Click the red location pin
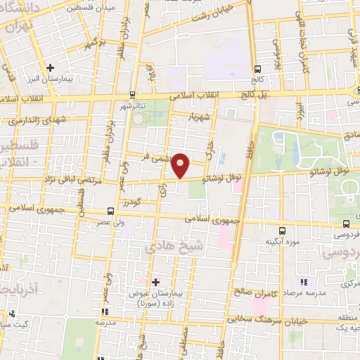pyautogui.click(x=181, y=165)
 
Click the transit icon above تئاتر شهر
pyautogui.click(x=132, y=94)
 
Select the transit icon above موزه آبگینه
pyautogui.click(x=282, y=230)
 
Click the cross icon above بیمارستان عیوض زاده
pyautogui.click(x=155, y=282)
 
